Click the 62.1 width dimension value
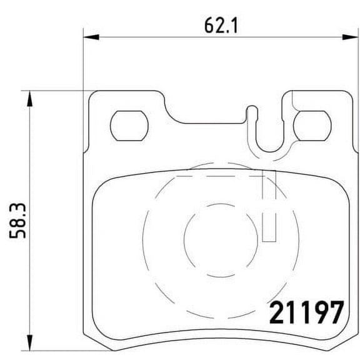214,26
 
